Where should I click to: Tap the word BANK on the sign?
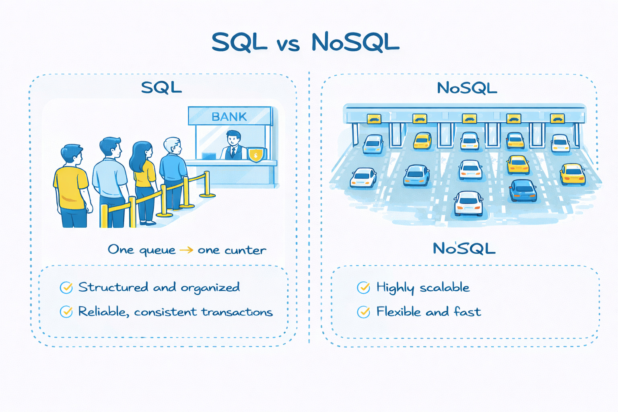coord(229,117)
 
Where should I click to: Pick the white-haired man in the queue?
coord(172,169)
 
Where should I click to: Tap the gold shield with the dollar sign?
coord(256,155)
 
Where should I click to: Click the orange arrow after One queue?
coord(186,250)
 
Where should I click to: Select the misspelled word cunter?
coord(245,250)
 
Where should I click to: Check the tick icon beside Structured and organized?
coord(66,288)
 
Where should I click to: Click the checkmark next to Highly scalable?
coord(363,288)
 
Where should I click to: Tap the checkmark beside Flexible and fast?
coord(363,312)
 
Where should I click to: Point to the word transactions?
coord(237,312)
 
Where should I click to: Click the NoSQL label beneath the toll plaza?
coord(464,249)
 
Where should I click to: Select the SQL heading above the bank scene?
coord(161,88)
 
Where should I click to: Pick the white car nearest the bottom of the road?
coord(468,203)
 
